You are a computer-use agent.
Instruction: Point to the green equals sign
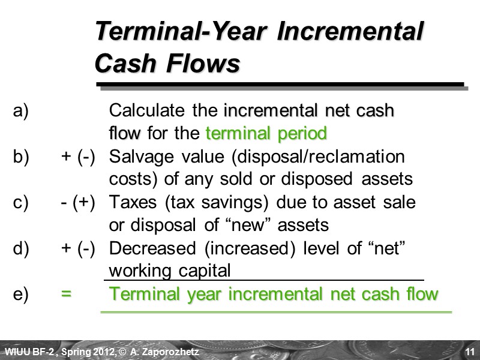tap(66, 295)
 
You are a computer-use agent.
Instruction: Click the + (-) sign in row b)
tap(78, 157)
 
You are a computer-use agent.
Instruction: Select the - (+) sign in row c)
tap(78, 203)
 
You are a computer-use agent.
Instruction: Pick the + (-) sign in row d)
tap(78, 248)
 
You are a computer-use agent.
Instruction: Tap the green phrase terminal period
tap(266, 133)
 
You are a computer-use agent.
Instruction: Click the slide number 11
tap(470, 350)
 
